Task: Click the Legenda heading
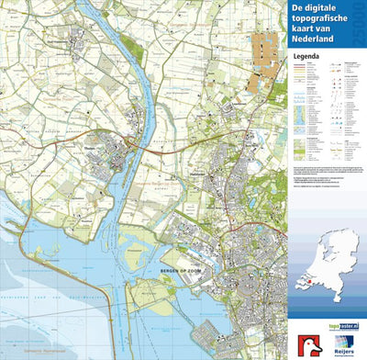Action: [306, 56]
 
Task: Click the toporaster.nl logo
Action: [339, 326]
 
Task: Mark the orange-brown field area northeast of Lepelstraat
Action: [265, 51]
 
